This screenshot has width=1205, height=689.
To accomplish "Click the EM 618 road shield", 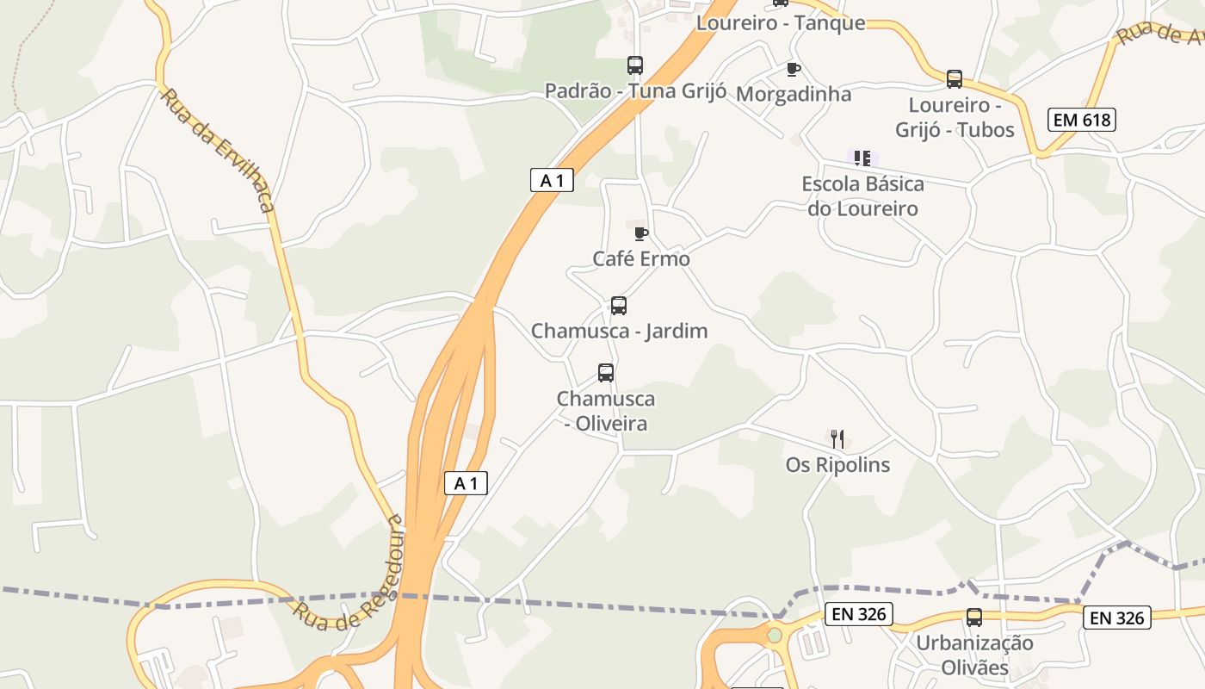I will point(1081,120).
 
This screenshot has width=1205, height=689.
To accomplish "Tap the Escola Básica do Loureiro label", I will point(862,196).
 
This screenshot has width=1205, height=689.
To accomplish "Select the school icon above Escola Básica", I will point(862,158).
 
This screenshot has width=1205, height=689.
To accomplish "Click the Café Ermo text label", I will point(641,258).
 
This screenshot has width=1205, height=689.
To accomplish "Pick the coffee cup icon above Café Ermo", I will point(640,233).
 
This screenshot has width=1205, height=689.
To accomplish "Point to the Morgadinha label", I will point(794,94).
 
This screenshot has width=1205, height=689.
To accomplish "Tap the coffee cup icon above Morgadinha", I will point(793,69).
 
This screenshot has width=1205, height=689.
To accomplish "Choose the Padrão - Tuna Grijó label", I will point(636,91).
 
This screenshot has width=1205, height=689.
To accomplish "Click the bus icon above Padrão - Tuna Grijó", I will point(635,65).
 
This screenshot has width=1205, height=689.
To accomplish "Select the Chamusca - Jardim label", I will point(619,331).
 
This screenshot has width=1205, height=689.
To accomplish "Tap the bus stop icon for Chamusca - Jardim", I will point(618,305).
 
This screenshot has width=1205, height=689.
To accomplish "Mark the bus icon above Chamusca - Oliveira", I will point(606,373).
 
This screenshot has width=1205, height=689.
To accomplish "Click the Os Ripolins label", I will point(837,465).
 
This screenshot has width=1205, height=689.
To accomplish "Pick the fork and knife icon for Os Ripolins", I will point(837,439).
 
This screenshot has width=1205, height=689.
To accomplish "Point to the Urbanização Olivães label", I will point(974,655).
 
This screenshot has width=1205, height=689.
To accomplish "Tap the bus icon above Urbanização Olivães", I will point(974,618).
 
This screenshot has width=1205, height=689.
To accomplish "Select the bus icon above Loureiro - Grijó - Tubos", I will point(955,79).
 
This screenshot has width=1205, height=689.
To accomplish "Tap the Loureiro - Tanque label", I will point(781,23).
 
